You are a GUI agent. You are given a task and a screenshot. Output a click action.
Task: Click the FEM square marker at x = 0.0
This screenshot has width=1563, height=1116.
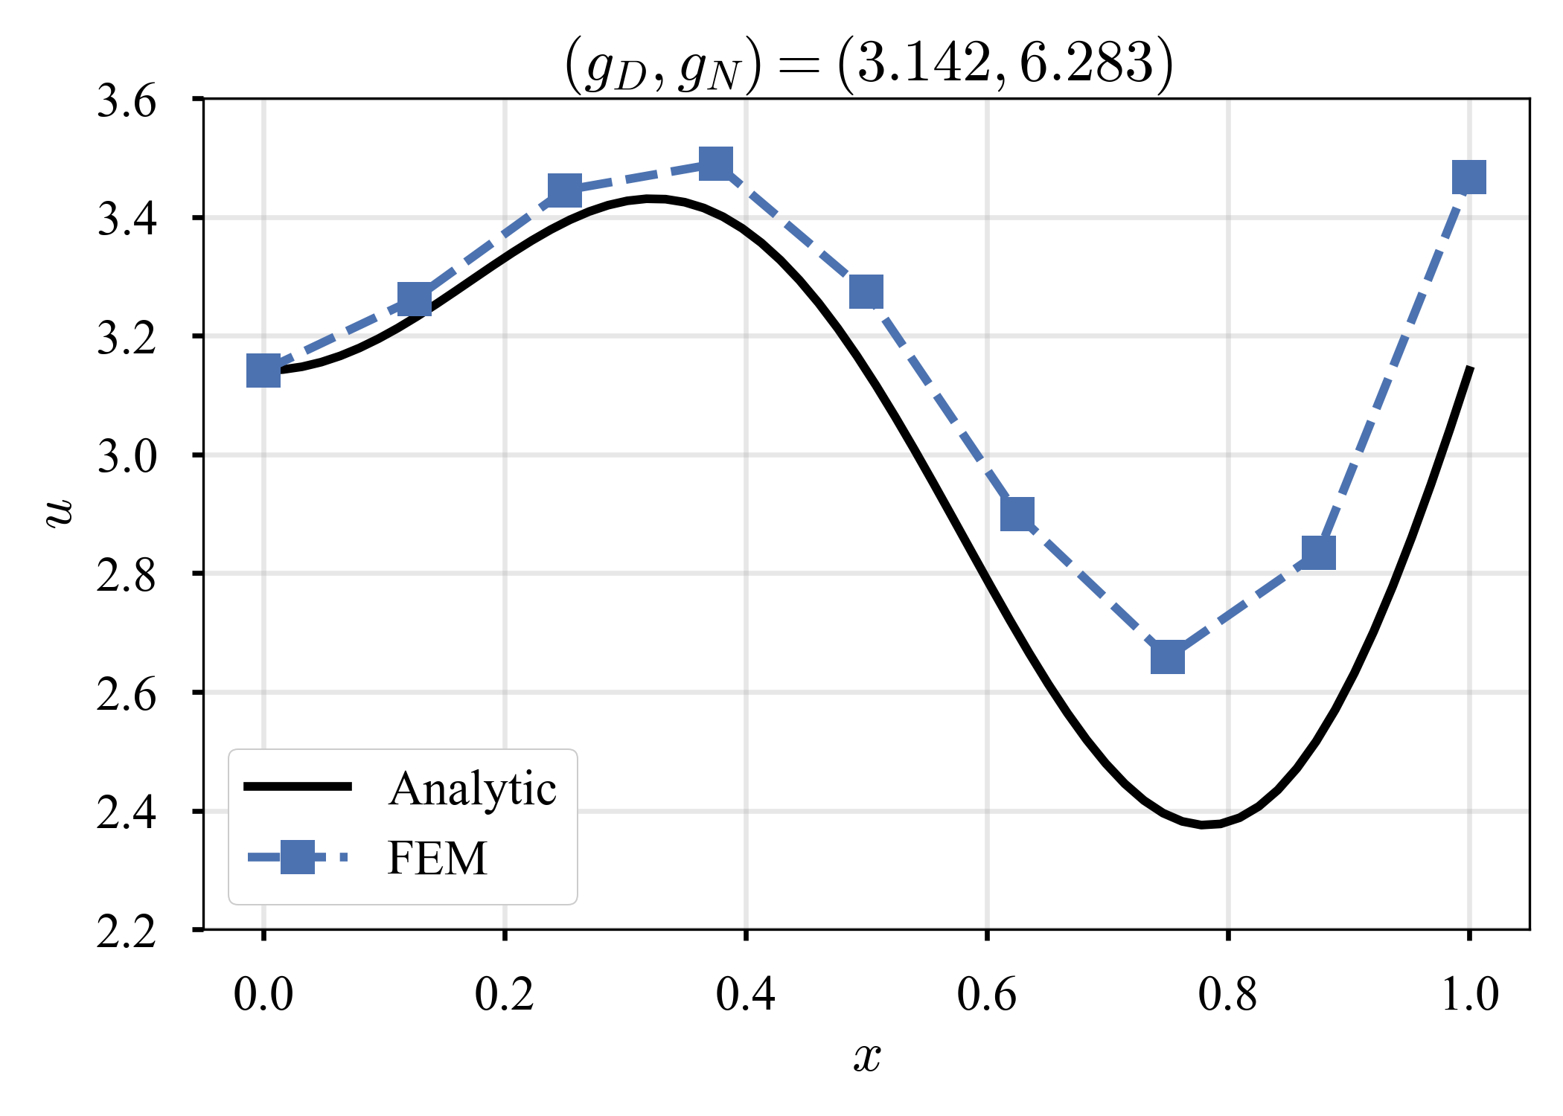(263, 371)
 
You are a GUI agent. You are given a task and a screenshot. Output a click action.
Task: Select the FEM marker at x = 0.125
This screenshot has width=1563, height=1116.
(415, 299)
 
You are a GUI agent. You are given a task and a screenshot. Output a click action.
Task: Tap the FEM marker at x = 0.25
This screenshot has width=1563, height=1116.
(565, 191)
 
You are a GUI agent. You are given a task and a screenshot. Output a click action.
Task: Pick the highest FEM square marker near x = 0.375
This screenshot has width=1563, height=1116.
(716, 163)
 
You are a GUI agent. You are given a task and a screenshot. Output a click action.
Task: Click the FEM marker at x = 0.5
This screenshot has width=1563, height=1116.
(866, 292)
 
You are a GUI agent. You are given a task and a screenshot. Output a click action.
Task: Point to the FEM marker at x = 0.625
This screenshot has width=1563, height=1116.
(1017, 513)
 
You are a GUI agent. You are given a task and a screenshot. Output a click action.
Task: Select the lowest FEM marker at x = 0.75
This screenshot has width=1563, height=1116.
(1168, 658)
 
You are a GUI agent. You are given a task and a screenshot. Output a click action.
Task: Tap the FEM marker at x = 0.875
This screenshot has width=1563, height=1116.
(1319, 553)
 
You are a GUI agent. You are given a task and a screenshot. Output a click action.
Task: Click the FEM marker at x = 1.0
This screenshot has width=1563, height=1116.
(1469, 178)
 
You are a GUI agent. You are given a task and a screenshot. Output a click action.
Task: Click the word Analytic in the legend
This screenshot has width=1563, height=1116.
(472, 789)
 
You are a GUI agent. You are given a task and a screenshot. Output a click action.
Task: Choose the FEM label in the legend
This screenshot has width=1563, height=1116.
(437, 859)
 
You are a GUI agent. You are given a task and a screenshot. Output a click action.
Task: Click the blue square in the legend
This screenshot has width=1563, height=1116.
(298, 857)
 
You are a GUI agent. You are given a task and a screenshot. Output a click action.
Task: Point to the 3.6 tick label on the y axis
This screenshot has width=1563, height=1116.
(127, 101)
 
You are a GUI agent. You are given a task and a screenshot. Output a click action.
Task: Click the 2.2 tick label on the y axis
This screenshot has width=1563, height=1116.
(127, 931)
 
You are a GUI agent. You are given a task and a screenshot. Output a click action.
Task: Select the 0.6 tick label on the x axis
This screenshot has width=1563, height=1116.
(986, 994)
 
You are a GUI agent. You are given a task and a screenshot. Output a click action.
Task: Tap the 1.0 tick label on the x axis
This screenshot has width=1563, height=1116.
(1469, 994)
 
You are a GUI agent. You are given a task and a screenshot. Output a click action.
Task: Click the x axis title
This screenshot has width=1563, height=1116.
(867, 1056)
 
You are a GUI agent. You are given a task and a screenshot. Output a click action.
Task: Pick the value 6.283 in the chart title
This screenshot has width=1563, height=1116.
(1085, 62)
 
